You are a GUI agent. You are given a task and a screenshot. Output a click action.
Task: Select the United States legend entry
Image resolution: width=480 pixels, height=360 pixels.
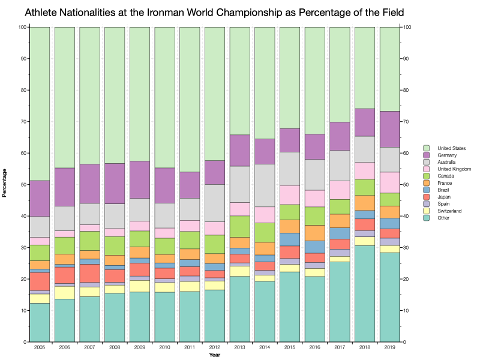[451, 148]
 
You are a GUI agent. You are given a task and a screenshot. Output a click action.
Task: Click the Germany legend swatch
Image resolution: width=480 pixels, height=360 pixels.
[426, 155]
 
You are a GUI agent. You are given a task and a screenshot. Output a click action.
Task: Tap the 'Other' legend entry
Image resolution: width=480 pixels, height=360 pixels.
[445, 218]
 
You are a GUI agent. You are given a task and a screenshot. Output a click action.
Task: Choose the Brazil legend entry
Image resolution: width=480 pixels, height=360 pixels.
[445, 190]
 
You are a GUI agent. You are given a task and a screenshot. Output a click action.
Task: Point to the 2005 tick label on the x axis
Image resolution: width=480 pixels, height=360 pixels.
[40, 348]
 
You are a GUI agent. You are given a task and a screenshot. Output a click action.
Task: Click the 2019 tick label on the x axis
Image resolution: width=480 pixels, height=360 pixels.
[389, 348]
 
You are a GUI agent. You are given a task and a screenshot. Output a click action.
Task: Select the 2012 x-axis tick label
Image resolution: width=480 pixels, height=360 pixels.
[215, 348]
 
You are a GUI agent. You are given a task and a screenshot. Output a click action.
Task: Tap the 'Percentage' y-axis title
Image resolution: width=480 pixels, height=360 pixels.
[5, 184]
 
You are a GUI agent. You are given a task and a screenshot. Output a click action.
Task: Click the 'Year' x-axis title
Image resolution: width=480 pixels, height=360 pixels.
[215, 355]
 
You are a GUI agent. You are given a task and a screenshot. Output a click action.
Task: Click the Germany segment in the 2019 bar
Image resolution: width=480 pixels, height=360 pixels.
[389, 129]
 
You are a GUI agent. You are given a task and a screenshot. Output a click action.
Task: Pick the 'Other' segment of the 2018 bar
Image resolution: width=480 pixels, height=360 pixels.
[365, 293]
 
